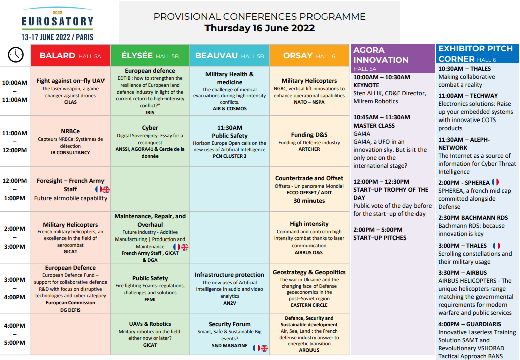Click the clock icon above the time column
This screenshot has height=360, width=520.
point(16,54)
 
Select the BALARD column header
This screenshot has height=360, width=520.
point(70,55)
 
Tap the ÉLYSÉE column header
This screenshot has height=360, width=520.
point(150,55)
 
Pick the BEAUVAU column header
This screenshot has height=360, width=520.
point(230,55)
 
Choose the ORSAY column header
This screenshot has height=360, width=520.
point(309,55)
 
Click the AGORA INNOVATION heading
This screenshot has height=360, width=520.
point(381,55)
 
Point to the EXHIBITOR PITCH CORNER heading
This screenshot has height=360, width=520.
point(476,53)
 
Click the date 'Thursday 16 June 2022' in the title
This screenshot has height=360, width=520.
point(259,28)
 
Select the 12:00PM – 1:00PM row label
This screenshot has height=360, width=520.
point(14,189)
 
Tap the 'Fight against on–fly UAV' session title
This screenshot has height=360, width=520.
point(70,80)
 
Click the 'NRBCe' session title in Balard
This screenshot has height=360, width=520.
point(70,131)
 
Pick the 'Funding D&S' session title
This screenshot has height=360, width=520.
point(309,134)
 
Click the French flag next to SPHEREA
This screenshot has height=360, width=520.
point(495,182)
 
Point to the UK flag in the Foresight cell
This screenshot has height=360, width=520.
point(106,190)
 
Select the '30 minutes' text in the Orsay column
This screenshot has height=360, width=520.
point(309,200)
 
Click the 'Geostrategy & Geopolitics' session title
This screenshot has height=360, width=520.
point(309,272)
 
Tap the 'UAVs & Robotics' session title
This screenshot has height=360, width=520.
point(150,324)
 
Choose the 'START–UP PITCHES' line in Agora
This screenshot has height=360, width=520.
point(380,237)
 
